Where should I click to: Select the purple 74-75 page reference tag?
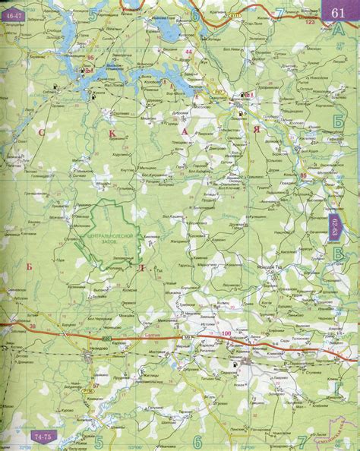pos(43,438)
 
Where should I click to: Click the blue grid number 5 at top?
pos(94,13)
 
